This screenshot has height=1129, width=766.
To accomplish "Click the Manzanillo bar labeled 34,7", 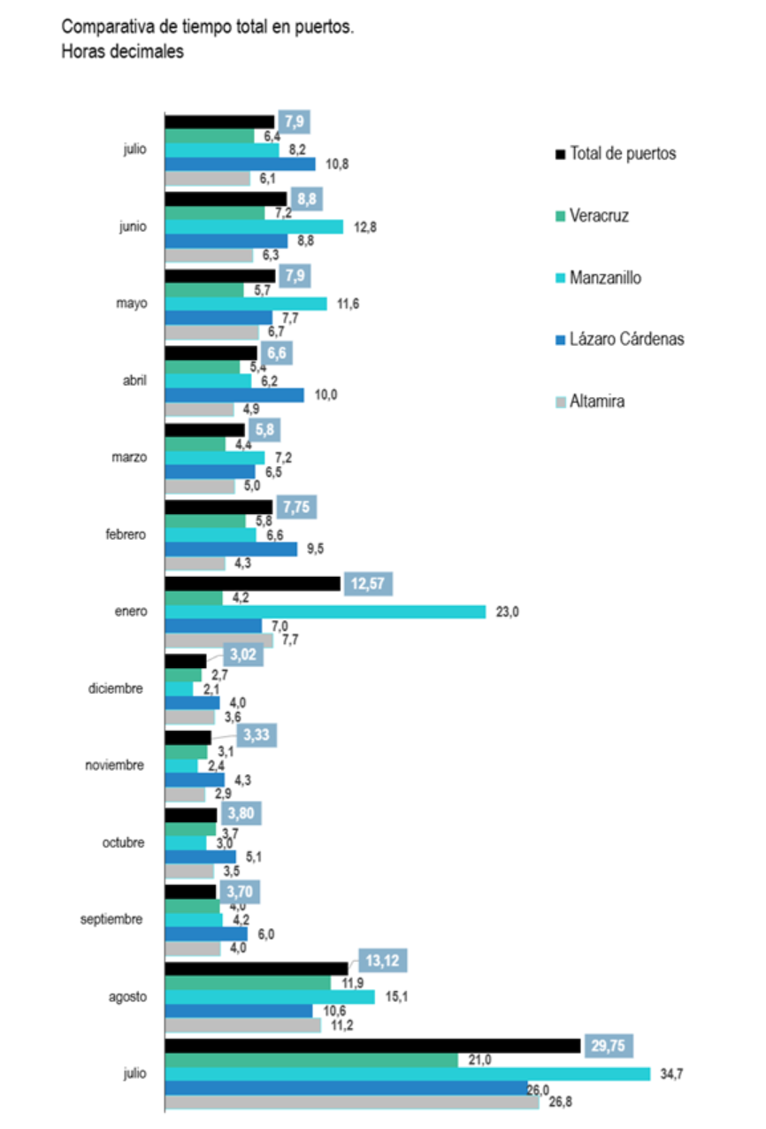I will (407, 1074).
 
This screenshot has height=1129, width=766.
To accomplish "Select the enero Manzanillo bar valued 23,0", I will (326, 611).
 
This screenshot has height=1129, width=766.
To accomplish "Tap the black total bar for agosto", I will (257, 969).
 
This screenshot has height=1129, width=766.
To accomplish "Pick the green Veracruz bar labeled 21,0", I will (311, 1060).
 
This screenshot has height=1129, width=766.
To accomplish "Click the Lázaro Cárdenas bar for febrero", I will (231, 549).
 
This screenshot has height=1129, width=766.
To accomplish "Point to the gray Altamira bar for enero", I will (218, 640).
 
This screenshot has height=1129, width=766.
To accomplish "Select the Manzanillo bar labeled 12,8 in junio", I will (254, 227).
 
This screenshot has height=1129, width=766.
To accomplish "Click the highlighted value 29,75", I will (609, 1044).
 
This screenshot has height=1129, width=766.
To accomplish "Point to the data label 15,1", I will (395, 997).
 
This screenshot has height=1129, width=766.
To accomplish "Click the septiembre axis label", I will (111, 919).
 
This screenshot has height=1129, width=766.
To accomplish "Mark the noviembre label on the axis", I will (115, 765).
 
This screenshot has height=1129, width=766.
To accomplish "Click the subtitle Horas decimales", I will (122, 52).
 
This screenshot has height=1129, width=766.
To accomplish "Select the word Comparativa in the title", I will (101, 27).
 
